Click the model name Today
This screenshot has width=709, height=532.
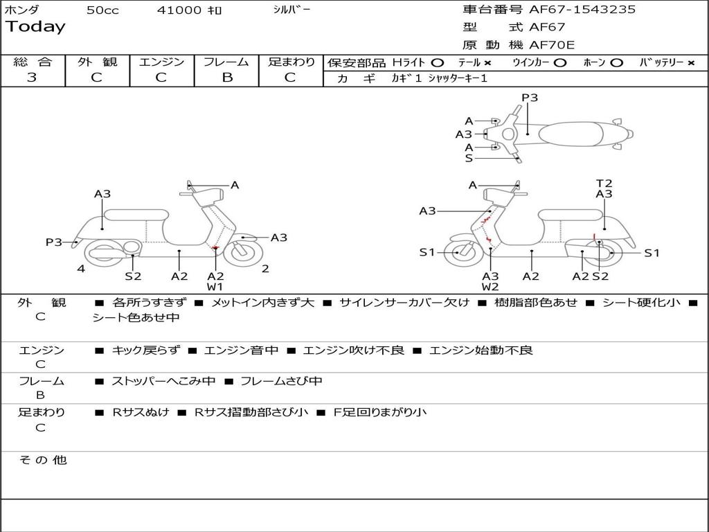pos(35,27)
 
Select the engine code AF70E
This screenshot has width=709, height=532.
pos(552,45)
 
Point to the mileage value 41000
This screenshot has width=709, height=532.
pos(179,10)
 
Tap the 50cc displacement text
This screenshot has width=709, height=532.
pos(102,10)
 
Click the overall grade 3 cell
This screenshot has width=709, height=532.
pos(32,78)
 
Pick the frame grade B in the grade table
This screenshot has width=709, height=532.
pos(227,78)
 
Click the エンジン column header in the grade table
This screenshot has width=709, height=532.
pos(161,62)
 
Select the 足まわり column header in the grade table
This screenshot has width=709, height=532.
pos(291,62)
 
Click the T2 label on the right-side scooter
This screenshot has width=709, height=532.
pos(604,184)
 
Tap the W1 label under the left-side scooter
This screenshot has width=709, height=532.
pos(215,287)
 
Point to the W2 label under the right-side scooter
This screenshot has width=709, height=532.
pos(490,287)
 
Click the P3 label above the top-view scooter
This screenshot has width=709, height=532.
pos(530,98)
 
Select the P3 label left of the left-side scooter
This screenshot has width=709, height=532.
pos(54,242)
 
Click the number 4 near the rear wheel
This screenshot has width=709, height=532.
pos(81,269)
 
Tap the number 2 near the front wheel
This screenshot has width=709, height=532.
pos(265,269)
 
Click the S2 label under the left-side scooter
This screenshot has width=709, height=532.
pos(133,276)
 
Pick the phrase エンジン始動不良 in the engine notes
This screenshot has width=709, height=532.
pos(481,351)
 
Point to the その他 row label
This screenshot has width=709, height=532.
pos(42,460)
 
